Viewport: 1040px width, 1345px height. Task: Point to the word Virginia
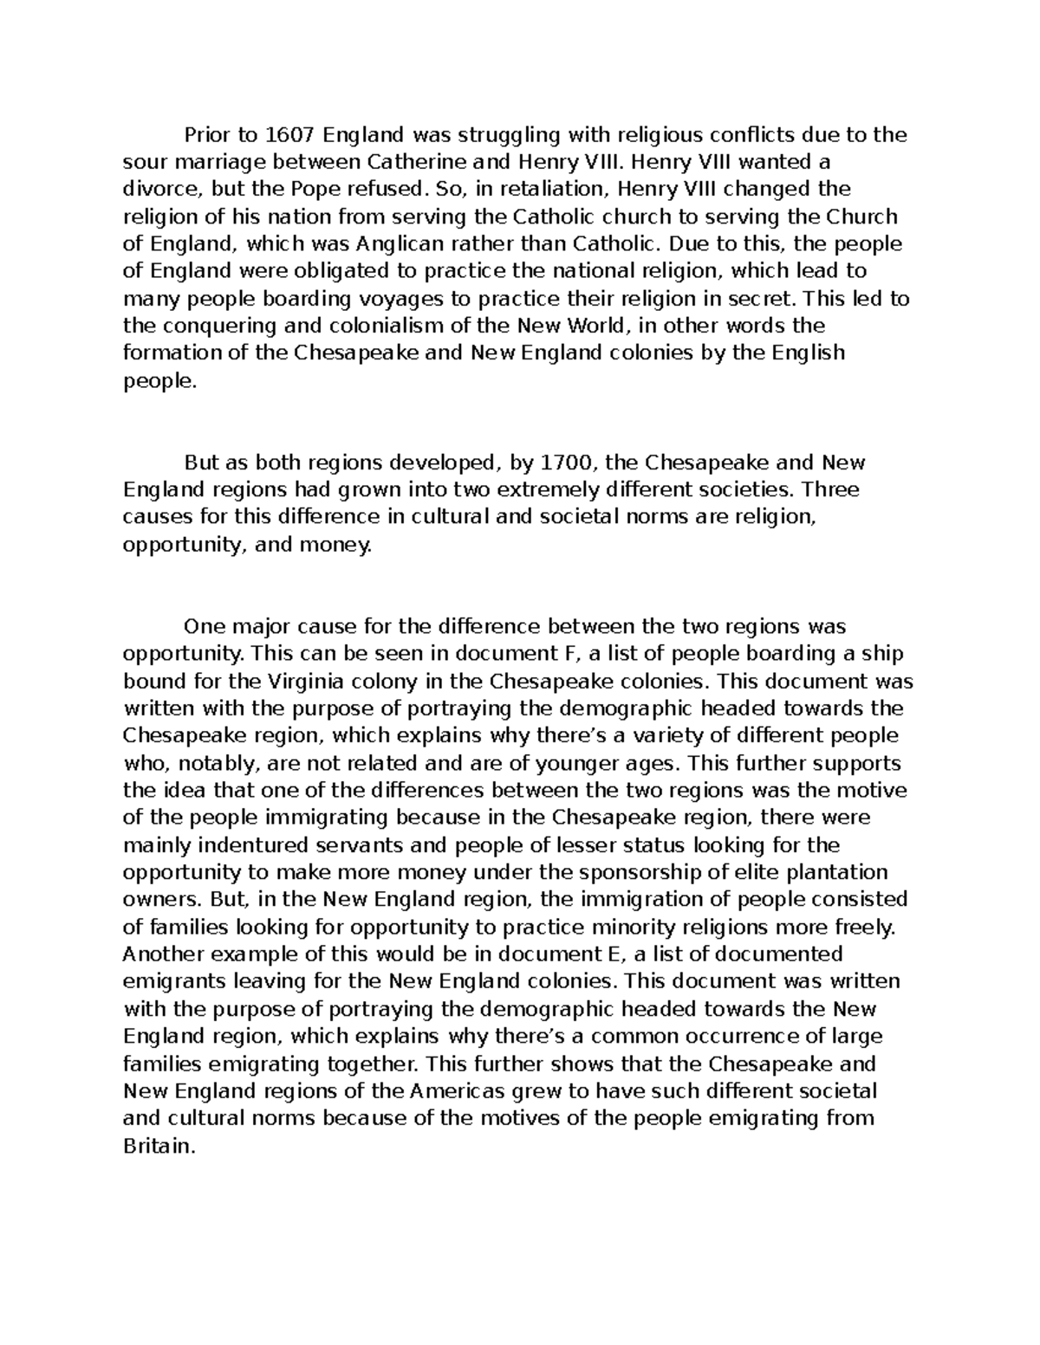coord(309,680)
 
